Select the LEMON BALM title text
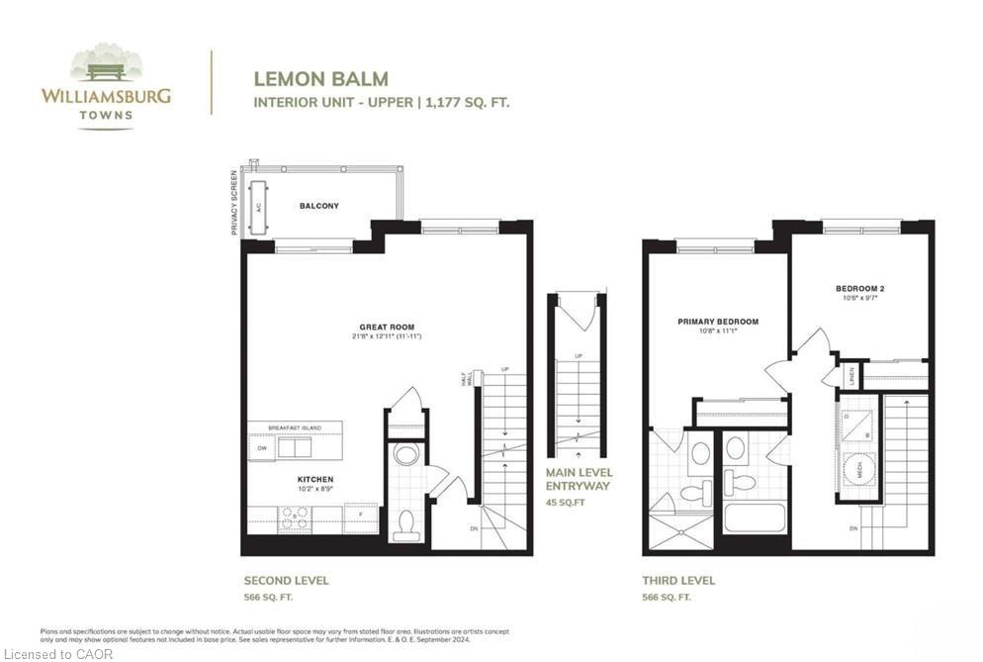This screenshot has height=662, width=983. pos(320,78)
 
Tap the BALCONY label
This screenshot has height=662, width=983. pos(318,206)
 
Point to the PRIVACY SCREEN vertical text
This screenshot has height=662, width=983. pos(234,202)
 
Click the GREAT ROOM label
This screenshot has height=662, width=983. pos(387,327)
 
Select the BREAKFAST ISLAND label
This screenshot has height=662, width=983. pos(295,427)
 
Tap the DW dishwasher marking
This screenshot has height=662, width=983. pos(262,448)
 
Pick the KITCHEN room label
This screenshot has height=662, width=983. pos(287,480)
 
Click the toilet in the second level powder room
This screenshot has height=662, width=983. pos(405,524)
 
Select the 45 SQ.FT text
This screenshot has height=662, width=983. pos(566,502)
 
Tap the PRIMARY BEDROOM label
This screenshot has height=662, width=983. pos(718,322)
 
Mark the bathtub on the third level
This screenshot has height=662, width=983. pos(754,518)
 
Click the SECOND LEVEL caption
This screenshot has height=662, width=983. pos(286,581)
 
